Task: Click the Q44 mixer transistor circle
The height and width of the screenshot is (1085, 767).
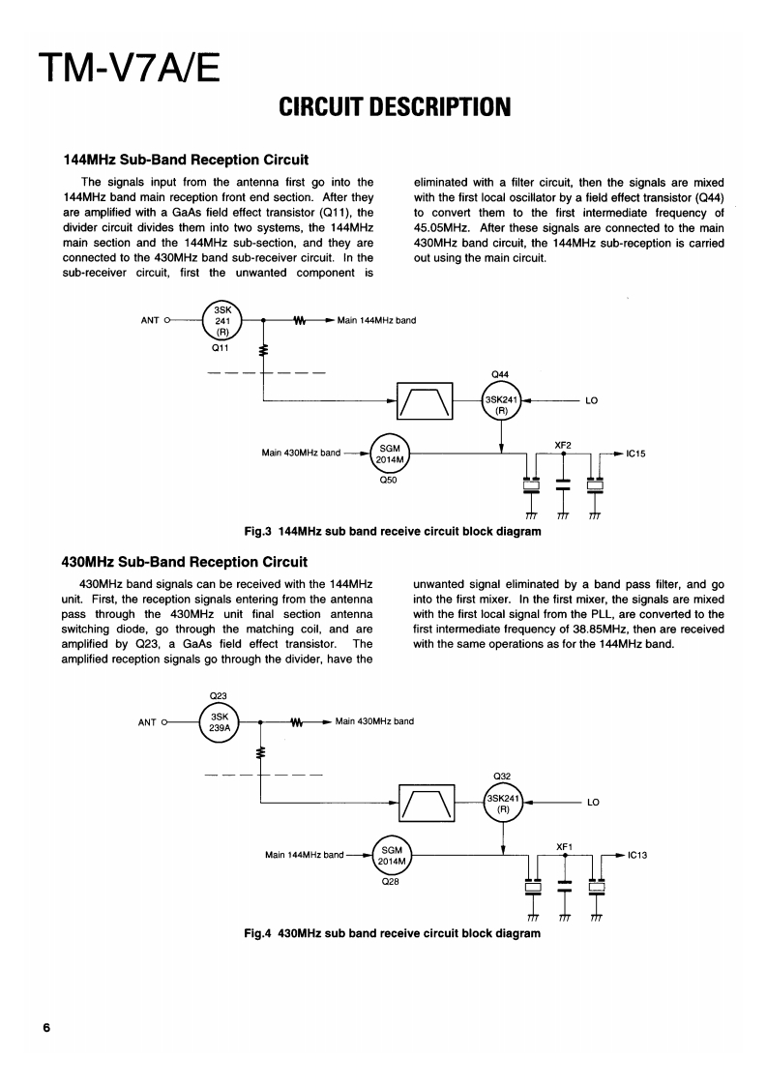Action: click(x=502, y=399)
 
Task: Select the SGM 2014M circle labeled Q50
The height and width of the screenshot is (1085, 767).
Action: click(x=390, y=453)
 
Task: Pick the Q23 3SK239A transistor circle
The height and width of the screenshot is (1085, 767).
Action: click(x=220, y=721)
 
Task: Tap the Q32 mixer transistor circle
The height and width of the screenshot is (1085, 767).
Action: click(x=503, y=802)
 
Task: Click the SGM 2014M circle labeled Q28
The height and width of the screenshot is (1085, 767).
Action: click(x=392, y=855)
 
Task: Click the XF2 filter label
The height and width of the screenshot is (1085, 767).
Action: click(x=563, y=444)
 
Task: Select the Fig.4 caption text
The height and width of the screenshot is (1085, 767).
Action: click(x=391, y=933)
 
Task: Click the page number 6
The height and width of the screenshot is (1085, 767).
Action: click(x=45, y=1026)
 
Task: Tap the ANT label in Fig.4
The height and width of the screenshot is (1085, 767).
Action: click(x=147, y=721)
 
